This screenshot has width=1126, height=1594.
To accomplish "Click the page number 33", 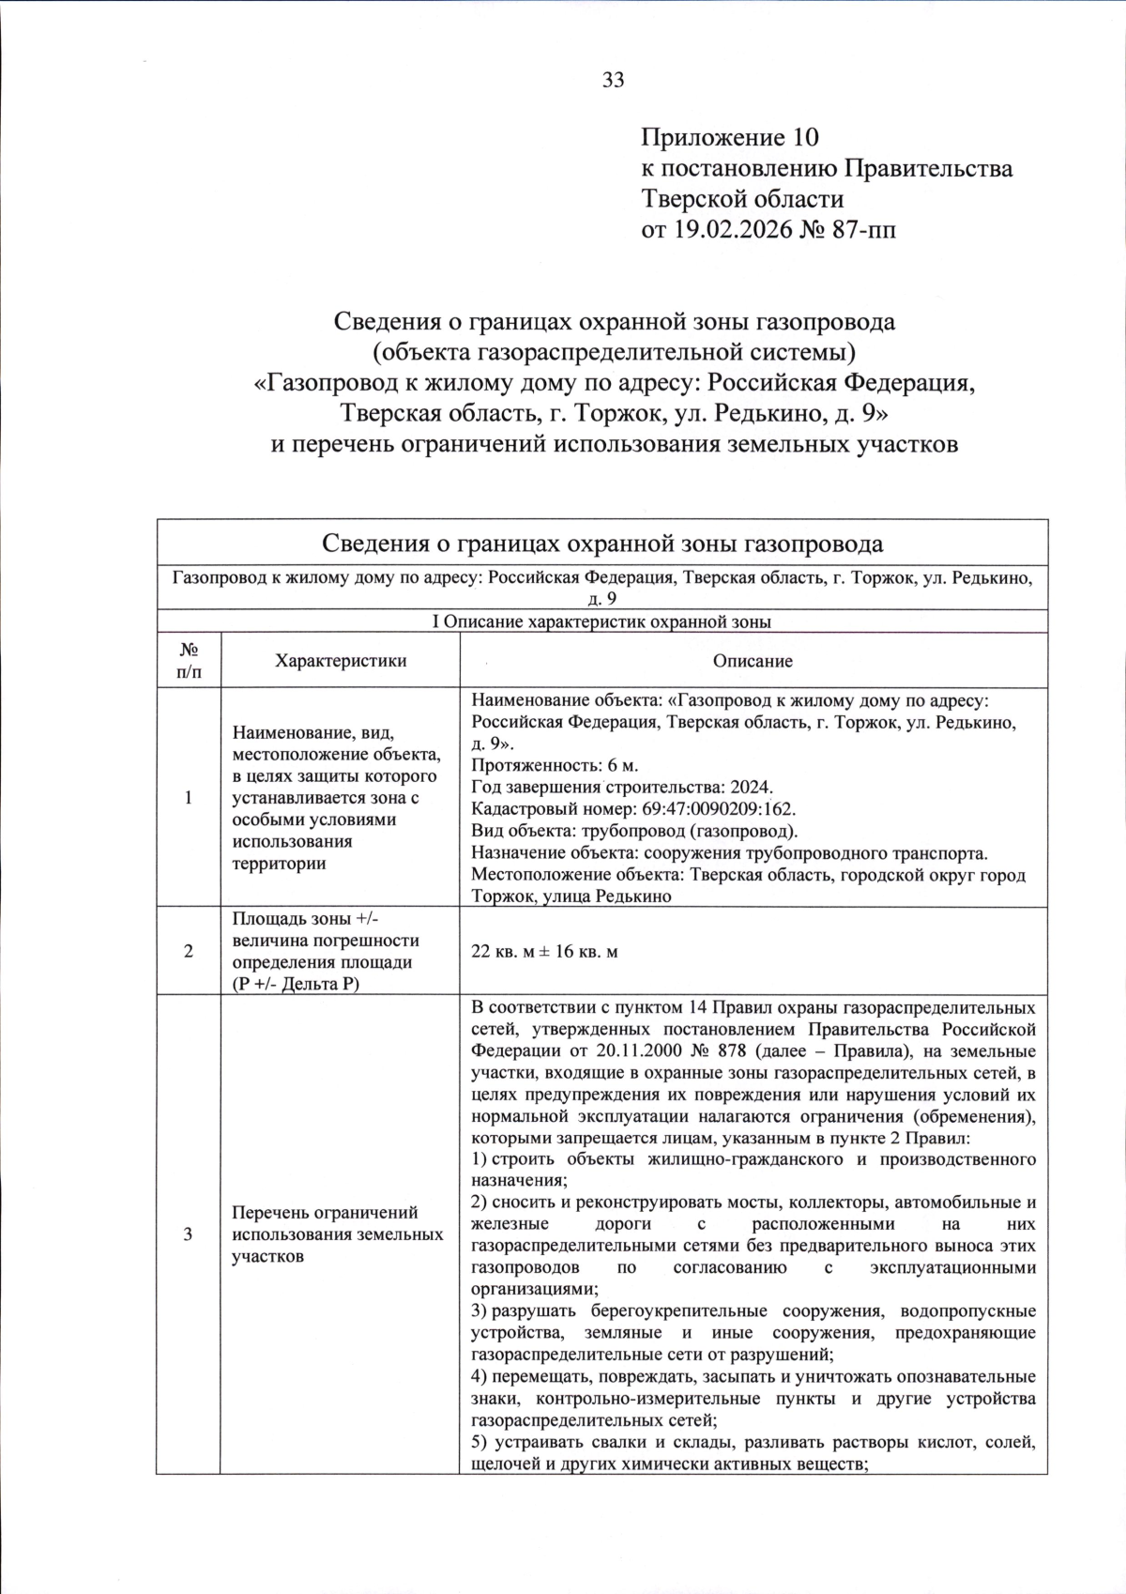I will pyautogui.click(x=613, y=81).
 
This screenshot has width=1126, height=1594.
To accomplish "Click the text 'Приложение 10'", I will pyautogui.click(x=729, y=138).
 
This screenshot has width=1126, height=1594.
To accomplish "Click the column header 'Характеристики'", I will pyautogui.click(x=340, y=661).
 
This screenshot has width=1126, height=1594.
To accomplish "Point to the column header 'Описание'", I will pyautogui.click(x=753, y=661).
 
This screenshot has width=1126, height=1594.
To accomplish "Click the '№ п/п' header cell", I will pyautogui.click(x=188, y=661).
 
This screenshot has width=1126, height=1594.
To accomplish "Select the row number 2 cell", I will pyautogui.click(x=188, y=951).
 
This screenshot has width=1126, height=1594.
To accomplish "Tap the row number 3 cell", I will pyautogui.click(x=188, y=1234).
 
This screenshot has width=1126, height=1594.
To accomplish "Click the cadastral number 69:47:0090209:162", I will pyautogui.click(x=705, y=809).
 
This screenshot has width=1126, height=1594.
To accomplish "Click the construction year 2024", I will pyautogui.click(x=751, y=788).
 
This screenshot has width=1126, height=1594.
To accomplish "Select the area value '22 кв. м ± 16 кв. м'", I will pyautogui.click(x=544, y=951).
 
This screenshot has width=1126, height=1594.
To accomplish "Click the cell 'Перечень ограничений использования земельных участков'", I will pyautogui.click(x=338, y=1234).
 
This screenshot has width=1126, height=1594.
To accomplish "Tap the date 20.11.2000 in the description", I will pyautogui.click(x=587, y=1050).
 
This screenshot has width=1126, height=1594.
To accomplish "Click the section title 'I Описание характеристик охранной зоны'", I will pyautogui.click(x=601, y=621).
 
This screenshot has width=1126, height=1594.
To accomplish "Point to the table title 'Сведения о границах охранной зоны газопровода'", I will pyautogui.click(x=601, y=544).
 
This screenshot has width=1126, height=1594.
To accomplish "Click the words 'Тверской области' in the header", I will pyautogui.click(x=741, y=199).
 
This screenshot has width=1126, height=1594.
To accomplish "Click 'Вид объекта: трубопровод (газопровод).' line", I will pyautogui.click(x=634, y=832).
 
